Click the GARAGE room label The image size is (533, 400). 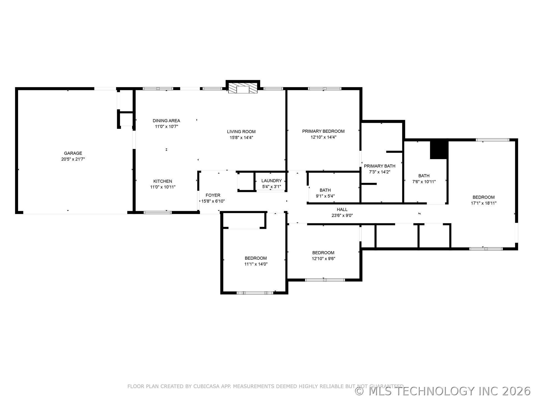73,153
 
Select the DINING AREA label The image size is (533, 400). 166,121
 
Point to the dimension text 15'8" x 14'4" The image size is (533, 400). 241,137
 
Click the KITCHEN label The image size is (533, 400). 163,181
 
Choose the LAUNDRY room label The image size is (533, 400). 271,181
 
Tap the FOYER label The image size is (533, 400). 213,195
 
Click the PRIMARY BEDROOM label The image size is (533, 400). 323,131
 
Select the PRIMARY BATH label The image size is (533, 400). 379,166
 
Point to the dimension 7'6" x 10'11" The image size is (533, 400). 424,182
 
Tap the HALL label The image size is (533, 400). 342,209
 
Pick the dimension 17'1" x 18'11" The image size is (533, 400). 484,203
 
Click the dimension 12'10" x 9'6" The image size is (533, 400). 323,259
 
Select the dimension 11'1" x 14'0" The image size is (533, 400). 256,264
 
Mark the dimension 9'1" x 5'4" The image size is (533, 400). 325,196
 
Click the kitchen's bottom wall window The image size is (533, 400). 157,212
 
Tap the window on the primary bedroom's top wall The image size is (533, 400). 324,89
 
